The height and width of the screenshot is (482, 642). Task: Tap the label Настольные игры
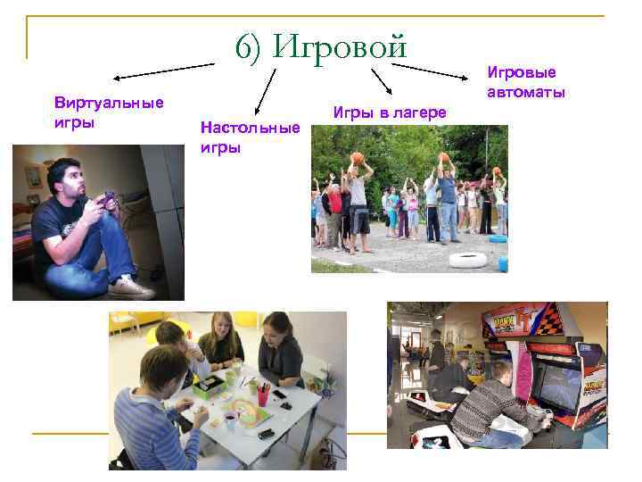250,137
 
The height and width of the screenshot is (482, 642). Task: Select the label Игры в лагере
390,112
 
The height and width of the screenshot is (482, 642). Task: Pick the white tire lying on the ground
466,260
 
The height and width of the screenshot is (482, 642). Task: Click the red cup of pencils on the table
263,394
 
